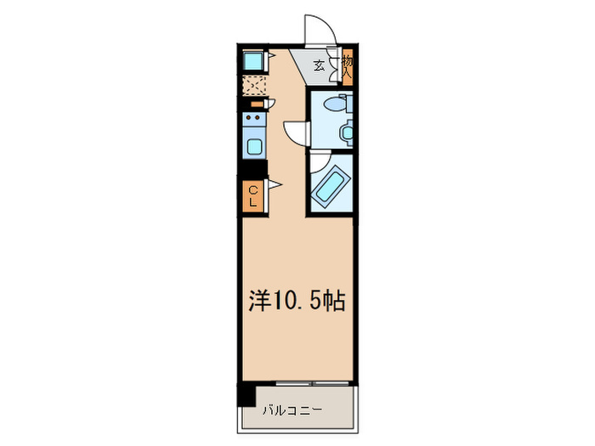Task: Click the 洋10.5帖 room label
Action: click(x=297, y=302)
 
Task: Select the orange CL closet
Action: click(x=252, y=197)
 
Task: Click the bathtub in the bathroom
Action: click(x=328, y=186)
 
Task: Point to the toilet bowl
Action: click(x=337, y=107)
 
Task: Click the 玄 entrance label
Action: click(x=318, y=65)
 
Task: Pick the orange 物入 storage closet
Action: click(x=348, y=66)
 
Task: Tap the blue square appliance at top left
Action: click(x=252, y=62)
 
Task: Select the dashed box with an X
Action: click(x=253, y=85)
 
